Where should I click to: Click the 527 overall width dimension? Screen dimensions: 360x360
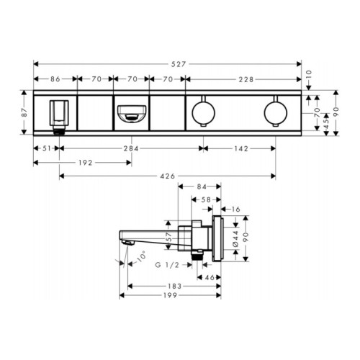click(x=179, y=64)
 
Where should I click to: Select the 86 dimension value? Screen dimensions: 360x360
click(x=55, y=79)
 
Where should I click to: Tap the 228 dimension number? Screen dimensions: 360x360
click(x=246, y=79)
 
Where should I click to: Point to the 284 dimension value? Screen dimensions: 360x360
click(x=131, y=149)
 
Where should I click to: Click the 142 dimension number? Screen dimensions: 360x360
click(x=241, y=149)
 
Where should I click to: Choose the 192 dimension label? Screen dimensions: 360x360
click(x=86, y=163)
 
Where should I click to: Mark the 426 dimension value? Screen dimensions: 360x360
click(x=168, y=176)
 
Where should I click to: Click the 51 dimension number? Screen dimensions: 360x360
click(x=47, y=148)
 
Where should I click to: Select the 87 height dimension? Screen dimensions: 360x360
click(x=24, y=112)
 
